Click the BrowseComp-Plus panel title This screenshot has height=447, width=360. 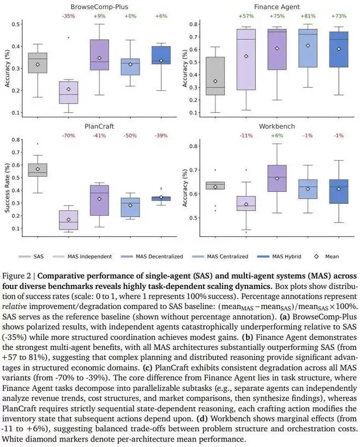coord(99,7)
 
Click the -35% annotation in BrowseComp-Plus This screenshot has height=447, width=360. coord(68,17)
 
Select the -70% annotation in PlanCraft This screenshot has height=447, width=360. coord(68,135)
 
